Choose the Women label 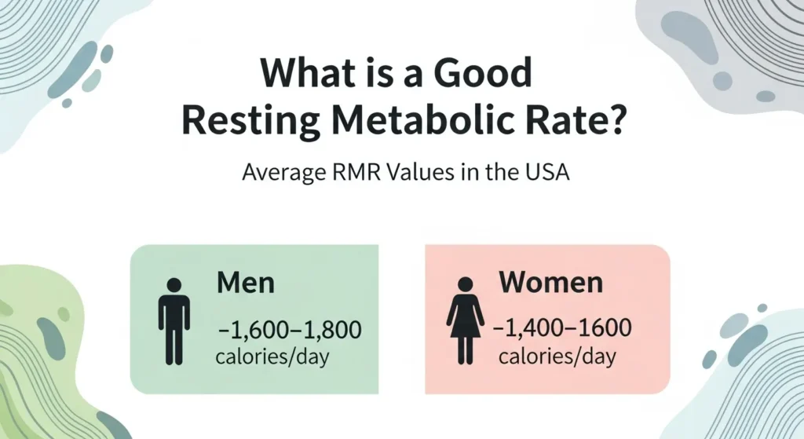(x=551, y=282)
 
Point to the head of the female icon (x=466, y=284)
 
